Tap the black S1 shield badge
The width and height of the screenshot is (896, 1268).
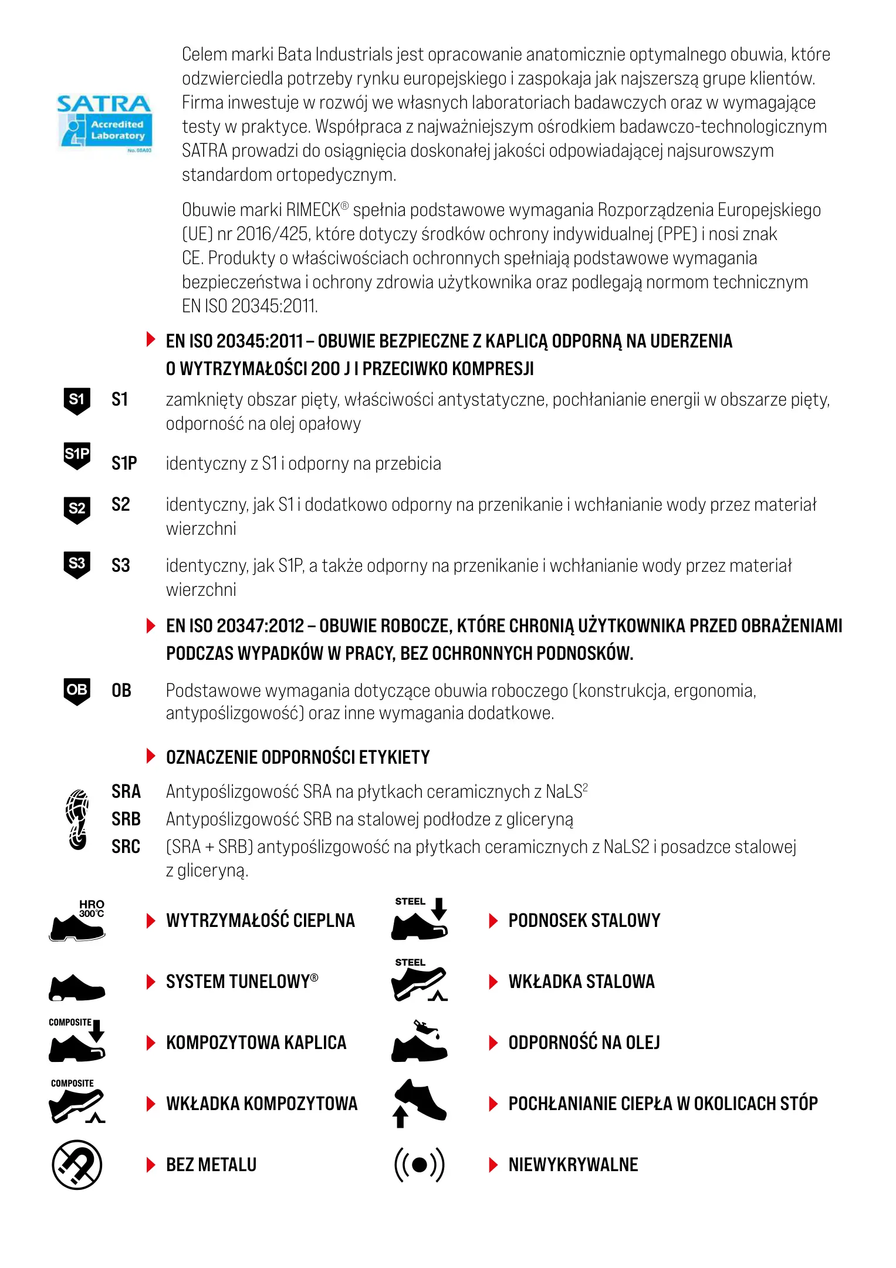[x=77, y=401]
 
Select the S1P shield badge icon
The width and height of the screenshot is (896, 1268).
[x=77, y=456]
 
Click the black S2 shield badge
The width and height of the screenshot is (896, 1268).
[x=77, y=510]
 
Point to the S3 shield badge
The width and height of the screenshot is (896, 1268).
[x=77, y=564]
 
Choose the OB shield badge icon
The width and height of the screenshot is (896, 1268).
[x=77, y=690]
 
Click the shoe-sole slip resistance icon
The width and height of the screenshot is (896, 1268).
[x=77, y=820]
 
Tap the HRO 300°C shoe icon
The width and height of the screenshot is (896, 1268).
[x=77, y=920]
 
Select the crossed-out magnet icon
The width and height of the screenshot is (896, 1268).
[x=77, y=1165]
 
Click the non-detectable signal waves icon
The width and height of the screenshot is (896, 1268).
[x=420, y=1165]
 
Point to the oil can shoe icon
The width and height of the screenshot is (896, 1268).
[x=420, y=1041]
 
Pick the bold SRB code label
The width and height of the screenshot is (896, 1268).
[x=126, y=819]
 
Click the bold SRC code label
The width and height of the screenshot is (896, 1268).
[x=126, y=847]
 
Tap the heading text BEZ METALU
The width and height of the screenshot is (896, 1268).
[x=211, y=1165]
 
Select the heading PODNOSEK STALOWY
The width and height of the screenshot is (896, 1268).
[x=584, y=920]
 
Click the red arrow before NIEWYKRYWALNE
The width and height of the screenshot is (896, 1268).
[x=493, y=1165]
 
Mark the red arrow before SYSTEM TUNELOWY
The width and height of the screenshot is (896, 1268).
[x=151, y=982]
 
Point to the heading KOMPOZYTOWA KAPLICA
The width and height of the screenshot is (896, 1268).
[x=256, y=1043]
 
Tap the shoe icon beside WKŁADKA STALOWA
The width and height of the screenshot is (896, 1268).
[x=420, y=982]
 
